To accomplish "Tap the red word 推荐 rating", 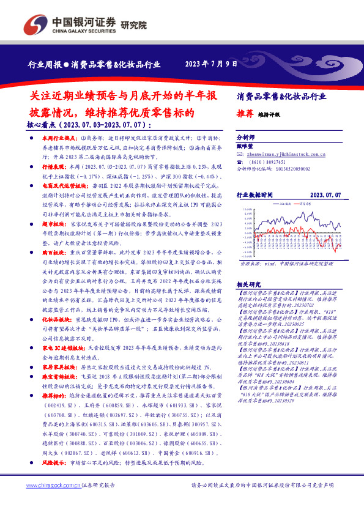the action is [x=245, y=113].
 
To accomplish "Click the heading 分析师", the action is [x=245, y=138].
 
